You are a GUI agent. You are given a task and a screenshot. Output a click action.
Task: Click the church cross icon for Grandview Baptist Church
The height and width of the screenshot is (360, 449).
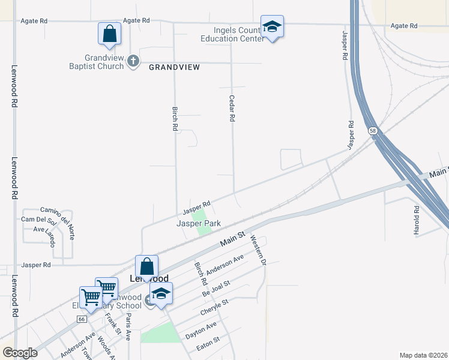pos(133,61)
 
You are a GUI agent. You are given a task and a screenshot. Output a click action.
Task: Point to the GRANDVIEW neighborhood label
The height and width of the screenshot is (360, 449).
pos(174,68)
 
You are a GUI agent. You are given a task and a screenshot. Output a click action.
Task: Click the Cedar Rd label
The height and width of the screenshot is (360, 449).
pos(231,108)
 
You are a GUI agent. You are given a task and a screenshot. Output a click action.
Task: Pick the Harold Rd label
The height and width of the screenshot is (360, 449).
pos(416,220)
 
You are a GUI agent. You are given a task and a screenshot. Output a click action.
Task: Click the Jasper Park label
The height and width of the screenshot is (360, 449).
pos(198,223)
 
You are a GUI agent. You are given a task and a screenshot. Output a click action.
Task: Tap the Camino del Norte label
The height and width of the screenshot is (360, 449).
pos(56,212)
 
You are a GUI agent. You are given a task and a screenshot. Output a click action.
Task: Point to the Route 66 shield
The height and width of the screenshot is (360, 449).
pos(80,319)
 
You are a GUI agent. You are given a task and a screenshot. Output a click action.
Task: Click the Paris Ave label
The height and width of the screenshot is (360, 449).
pos(128,328)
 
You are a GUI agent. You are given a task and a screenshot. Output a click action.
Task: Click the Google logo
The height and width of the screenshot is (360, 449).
pos(20,353)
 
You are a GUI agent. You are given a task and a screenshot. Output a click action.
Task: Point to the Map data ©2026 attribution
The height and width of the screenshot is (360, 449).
pos(423,355)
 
